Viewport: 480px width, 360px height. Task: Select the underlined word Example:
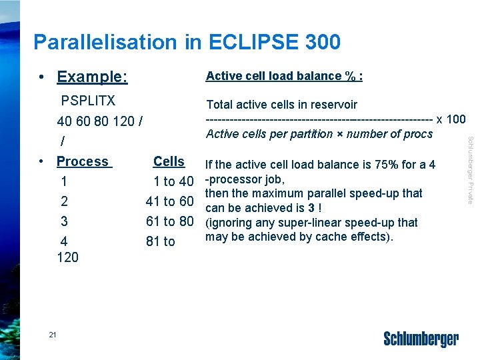coord(92,77)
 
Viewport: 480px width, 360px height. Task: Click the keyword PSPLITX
coord(88,101)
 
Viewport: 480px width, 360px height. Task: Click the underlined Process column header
coord(83,161)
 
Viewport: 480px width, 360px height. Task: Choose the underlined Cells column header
coord(169,161)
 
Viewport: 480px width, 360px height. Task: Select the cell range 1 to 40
coord(173,181)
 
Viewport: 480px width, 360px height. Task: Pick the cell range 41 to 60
coord(170,201)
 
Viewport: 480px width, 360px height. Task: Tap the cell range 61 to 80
coord(170,221)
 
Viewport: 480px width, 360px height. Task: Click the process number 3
coord(64,221)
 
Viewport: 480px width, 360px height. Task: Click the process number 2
coord(64,201)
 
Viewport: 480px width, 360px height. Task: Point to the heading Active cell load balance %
coord(284,76)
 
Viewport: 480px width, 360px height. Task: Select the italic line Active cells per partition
coord(319,134)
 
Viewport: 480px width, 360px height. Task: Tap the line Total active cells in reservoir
coord(281,105)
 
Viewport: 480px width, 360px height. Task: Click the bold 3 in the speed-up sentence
coord(311,207)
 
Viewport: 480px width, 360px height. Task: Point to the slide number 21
coord(53,334)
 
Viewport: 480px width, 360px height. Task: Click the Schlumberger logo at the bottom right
coord(421,339)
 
